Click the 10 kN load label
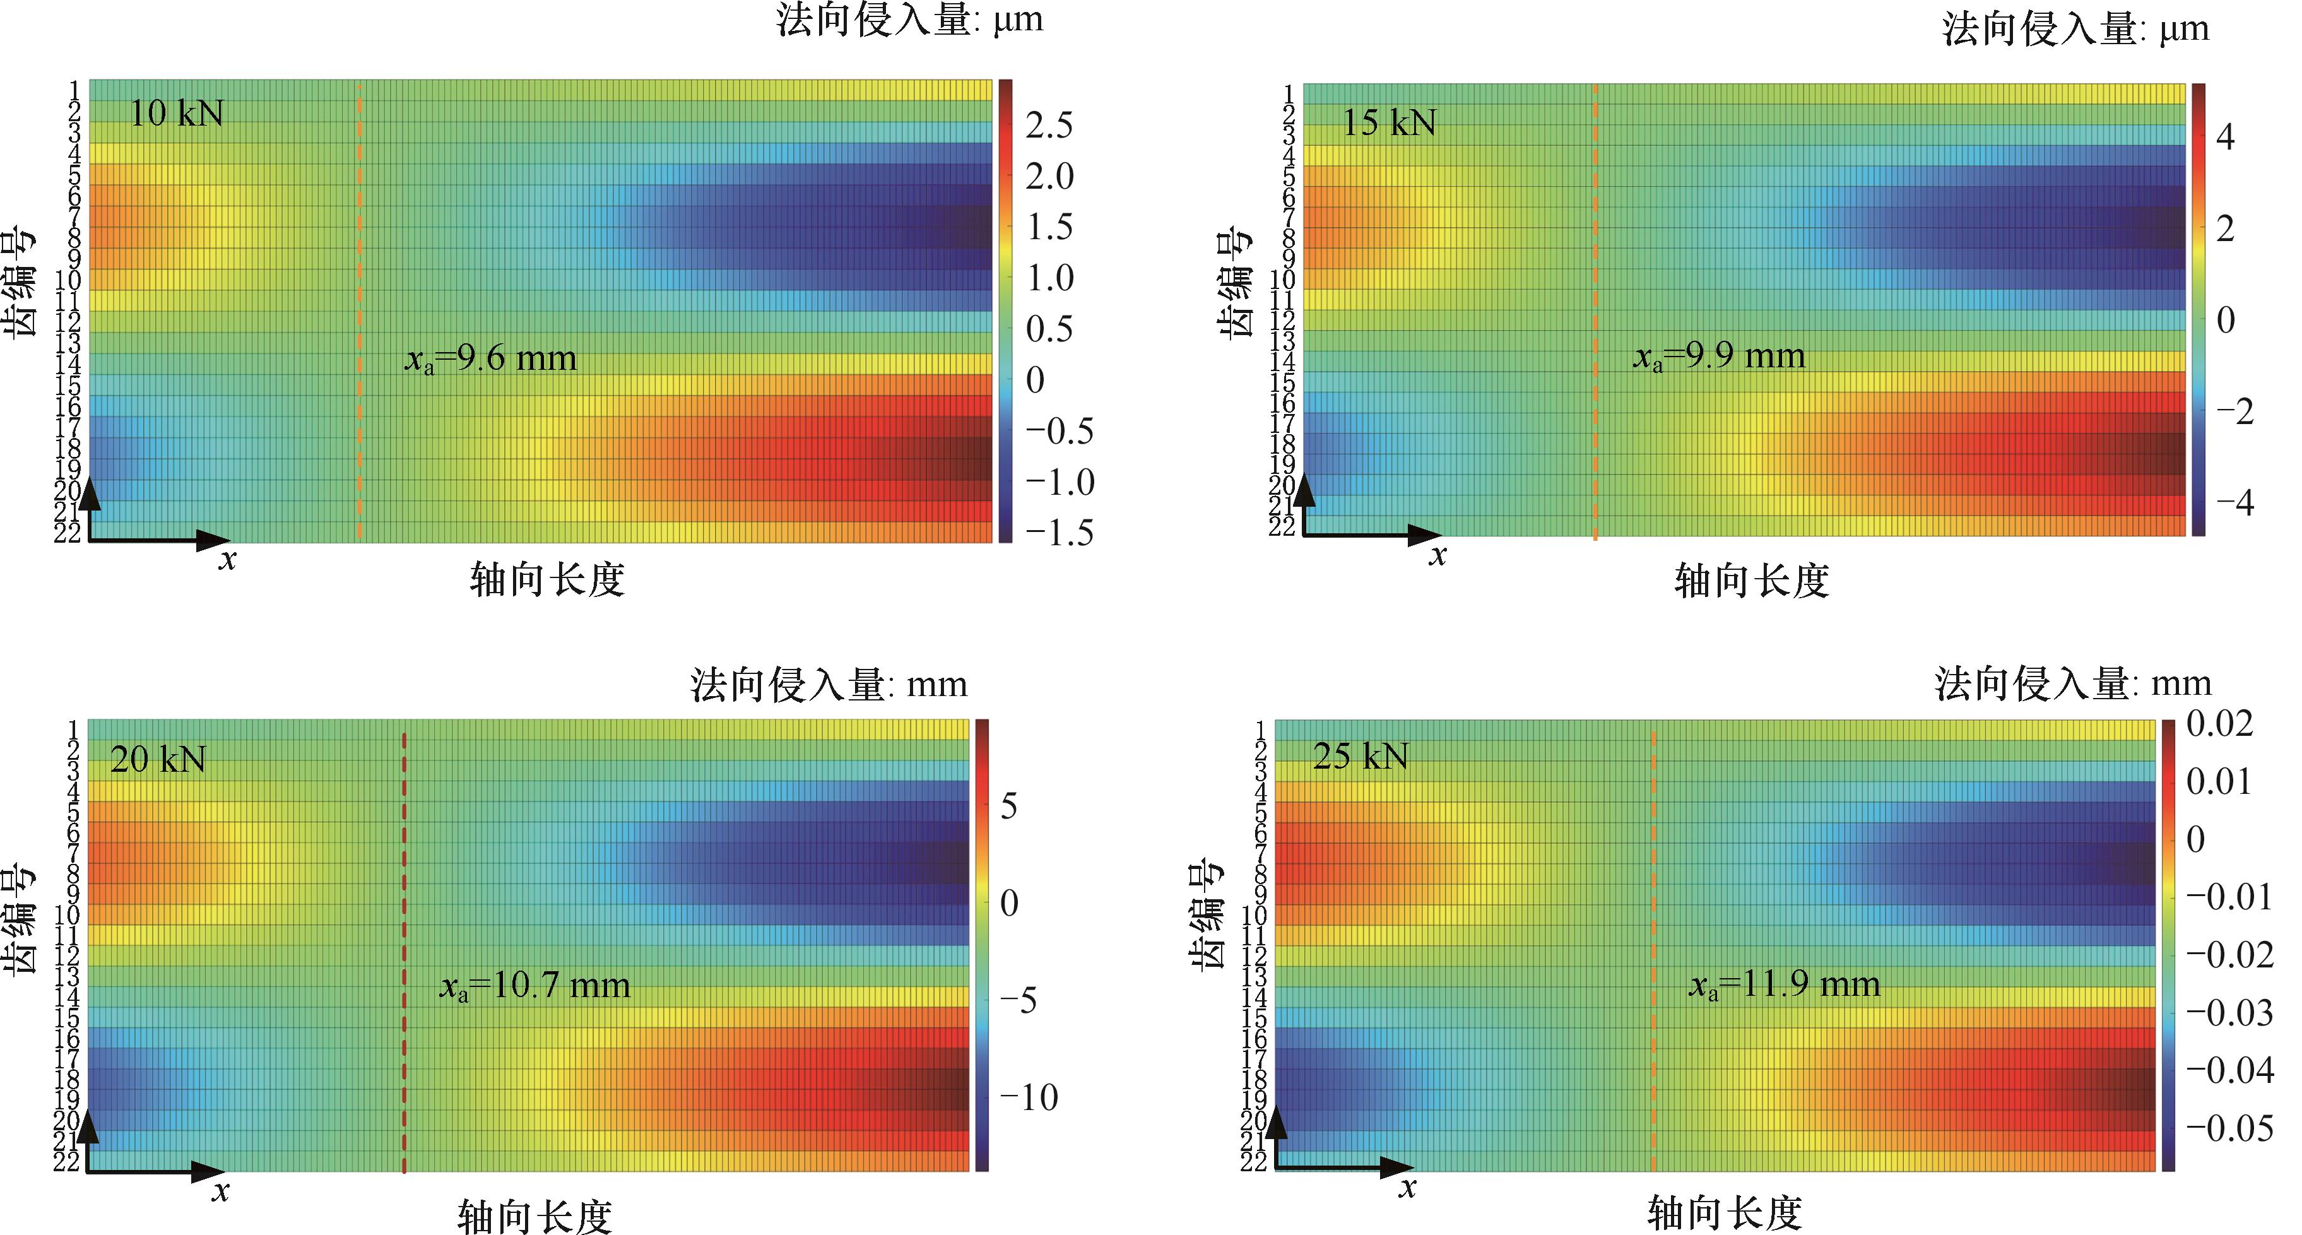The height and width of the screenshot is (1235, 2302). pyautogui.click(x=176, y=114)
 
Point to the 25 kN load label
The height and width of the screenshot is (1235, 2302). pyautogui.click(x=1360, y=757)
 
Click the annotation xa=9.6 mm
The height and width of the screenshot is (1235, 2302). pyautogui.click(x=490, y=359)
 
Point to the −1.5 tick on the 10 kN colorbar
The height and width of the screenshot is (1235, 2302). pyautogui.click(x=1059, y=533)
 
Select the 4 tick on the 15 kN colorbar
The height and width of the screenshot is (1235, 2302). pyautogui.click(x=2224, y=138)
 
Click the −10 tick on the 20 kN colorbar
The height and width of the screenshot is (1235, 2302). pyautogui.click(x=1029, y=1097)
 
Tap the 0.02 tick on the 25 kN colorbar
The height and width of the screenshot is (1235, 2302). pyautogui.click(x=2220, y=724)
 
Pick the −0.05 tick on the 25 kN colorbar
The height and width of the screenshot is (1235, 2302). pyautogui.click(x=2229, y=1128)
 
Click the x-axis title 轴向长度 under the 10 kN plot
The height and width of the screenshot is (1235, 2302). pyautogui.click(x=547, y=581)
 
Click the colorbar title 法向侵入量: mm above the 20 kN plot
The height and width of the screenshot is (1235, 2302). pyautogui.click(x=829, y=685)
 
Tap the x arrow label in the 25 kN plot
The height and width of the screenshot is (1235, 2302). pyautogui.click(x=1407, y=1188)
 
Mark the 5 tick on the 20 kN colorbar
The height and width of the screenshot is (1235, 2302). pyautogui.click(x=1009, y=807)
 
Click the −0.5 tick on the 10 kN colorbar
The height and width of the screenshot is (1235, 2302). pyautogui.click(x=1059, y=432)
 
